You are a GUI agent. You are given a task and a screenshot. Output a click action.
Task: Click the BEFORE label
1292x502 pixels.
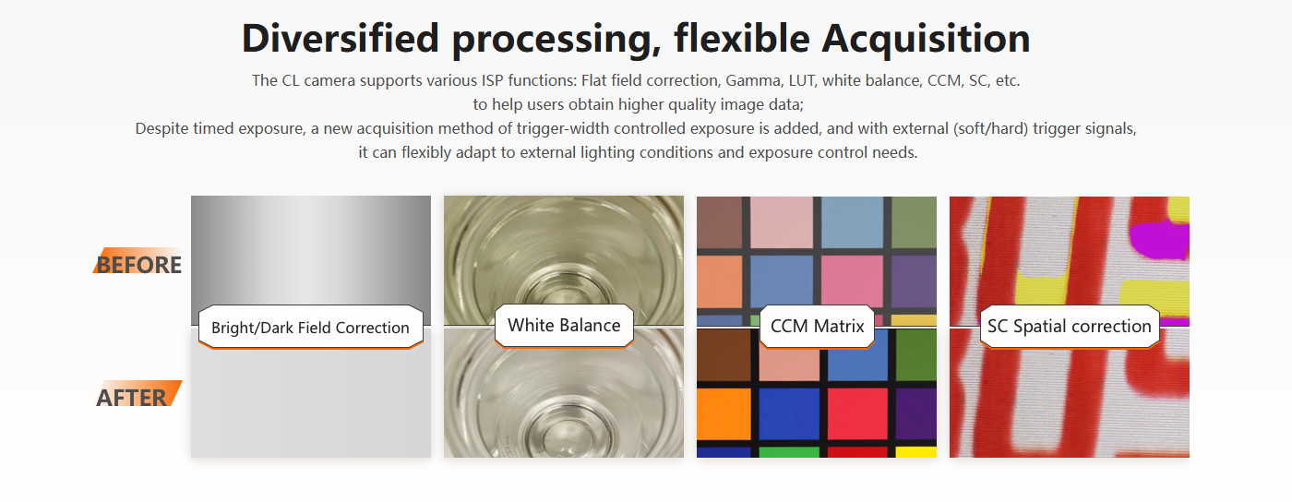(138, 264)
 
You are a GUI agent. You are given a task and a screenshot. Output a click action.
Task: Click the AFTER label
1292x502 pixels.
(138, 397)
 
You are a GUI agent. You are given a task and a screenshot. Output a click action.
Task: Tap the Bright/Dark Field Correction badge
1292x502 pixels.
(310, 328)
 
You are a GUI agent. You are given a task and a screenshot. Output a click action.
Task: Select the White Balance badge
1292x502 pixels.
(564, 326)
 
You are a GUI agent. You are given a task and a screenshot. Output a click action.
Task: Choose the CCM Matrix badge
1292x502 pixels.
(817, 326)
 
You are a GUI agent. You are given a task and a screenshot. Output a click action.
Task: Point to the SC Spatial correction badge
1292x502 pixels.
(1069, 326)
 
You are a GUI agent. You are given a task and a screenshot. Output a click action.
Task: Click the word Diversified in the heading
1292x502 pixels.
(341, 39)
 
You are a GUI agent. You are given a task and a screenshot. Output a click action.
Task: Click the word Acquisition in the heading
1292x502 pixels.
(926, 40)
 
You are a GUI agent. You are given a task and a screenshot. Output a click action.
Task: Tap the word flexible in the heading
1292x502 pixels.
(742, 39)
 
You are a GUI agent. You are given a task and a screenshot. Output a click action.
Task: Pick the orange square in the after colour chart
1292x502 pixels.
(724, 413)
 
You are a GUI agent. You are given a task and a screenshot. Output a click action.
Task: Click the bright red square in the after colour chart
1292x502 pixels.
(857, 413)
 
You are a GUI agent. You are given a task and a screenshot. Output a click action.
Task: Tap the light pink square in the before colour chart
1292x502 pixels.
(782, 222)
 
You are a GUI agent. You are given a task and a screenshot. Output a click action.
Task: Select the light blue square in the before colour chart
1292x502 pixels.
(852, 222)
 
